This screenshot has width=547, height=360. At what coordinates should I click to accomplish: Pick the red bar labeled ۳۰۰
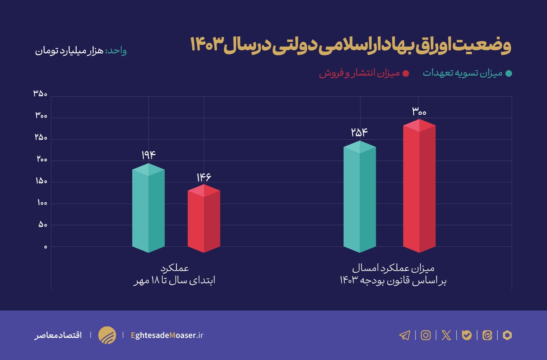[x=419, y=186]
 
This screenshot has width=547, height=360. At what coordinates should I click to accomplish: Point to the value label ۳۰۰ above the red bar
[x=419, y=111]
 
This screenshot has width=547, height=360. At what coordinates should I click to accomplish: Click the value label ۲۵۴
[x=359, y=133]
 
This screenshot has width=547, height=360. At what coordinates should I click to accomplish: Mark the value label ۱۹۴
[x=149, y=155]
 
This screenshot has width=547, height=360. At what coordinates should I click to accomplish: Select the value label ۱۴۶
[x=204, y=177]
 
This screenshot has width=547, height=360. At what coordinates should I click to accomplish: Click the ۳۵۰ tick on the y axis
[x=40, y=94]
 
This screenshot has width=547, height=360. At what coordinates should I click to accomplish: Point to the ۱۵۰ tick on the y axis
[x=41, y=181]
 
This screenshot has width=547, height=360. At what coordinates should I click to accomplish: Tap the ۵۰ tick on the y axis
[x=43, y=225]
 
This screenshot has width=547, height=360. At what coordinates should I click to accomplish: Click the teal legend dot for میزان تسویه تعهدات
[x=509, y=74]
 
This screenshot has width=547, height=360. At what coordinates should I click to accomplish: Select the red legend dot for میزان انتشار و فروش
[x=406, y=74]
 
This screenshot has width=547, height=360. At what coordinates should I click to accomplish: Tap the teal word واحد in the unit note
[x=117, y=51]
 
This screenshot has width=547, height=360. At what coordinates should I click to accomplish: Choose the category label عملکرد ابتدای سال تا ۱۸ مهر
[x=175, y=274]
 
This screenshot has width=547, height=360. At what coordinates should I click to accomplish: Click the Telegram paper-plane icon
[x=405, y=335]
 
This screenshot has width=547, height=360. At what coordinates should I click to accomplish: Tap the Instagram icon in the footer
[x=425, y=335]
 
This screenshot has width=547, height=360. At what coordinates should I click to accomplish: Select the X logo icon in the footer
[x=446, y=335]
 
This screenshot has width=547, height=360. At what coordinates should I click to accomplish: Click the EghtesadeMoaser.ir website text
[x=167, y=335]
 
